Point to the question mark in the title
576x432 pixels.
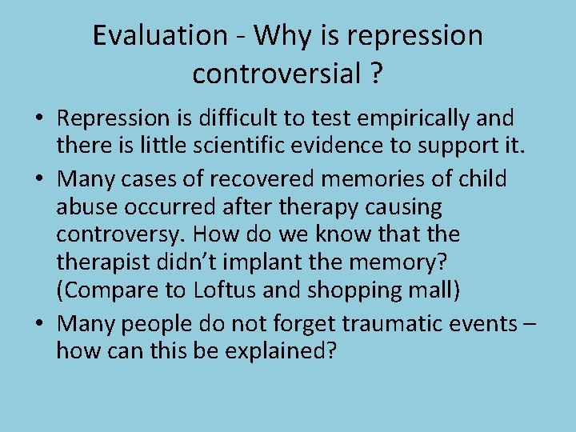pos(374,74)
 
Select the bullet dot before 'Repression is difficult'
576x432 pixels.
pos(38,120)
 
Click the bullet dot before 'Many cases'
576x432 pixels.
pos(38,179)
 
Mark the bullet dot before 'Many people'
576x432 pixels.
pos(38,324)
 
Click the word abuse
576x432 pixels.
pos(84,207)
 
